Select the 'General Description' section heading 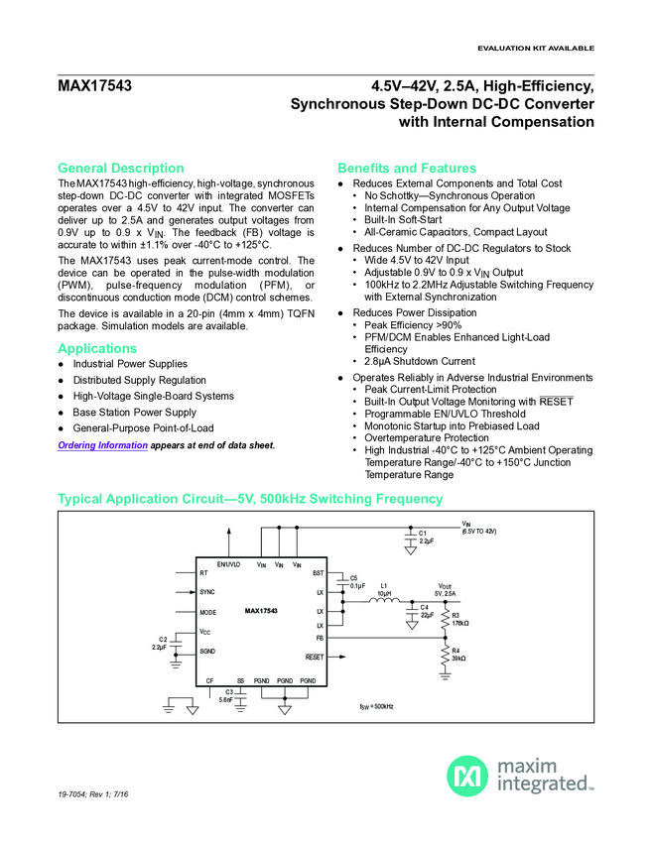pos(121,168)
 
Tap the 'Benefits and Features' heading pos(407,168)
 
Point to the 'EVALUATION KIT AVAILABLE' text pos(536,48)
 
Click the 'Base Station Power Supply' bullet pos(134,412)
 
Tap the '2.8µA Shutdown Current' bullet pos(420,361)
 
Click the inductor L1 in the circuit pos(384,599)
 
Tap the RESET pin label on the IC pos(314,657)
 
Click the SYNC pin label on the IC pos(207,592)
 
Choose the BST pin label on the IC pos(318,573)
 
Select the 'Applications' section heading pos(97,348)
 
